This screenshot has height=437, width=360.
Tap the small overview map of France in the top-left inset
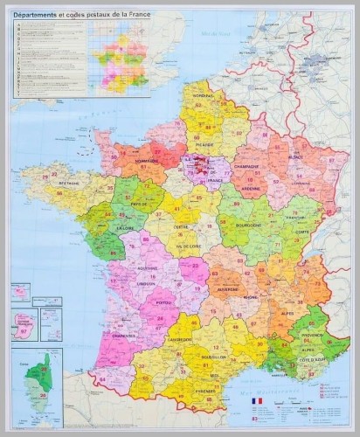click(119, 58)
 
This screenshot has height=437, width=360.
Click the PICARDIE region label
click(204, 145)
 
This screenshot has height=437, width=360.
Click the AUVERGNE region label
click(229, 288)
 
